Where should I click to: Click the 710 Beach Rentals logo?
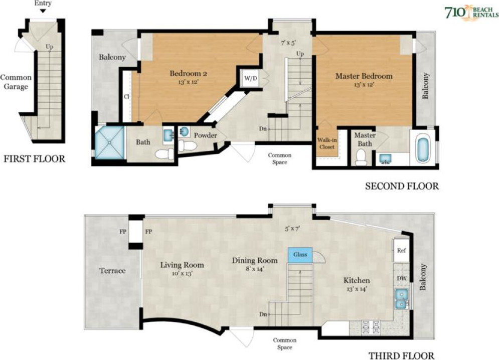tap(471, 13)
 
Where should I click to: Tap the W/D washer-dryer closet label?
tap(250, 78)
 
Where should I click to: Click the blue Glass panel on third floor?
tap(300, 255)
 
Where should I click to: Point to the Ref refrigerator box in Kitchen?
tap(401, 251)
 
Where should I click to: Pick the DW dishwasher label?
tap(402, 278)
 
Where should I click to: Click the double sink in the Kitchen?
tap(402, 299)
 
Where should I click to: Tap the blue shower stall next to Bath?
tap(110, 142)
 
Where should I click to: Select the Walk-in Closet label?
tap(327, 143)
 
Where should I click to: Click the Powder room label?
tap(206, 135)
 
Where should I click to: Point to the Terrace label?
tap(112, 271)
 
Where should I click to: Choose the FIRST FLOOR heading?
tap(35, 158)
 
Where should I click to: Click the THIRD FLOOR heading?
tap(401, 355)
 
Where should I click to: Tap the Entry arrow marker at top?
tap(43, 11)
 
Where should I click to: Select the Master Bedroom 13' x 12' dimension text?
tap(364, 85)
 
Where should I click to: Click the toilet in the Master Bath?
tap(361, 157)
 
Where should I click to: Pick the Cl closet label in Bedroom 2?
tap(126, 97)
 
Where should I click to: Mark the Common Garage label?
tap(16, 82)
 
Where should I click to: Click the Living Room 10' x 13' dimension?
tap(182, 273)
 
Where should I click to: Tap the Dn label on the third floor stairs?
tap(263, 314)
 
